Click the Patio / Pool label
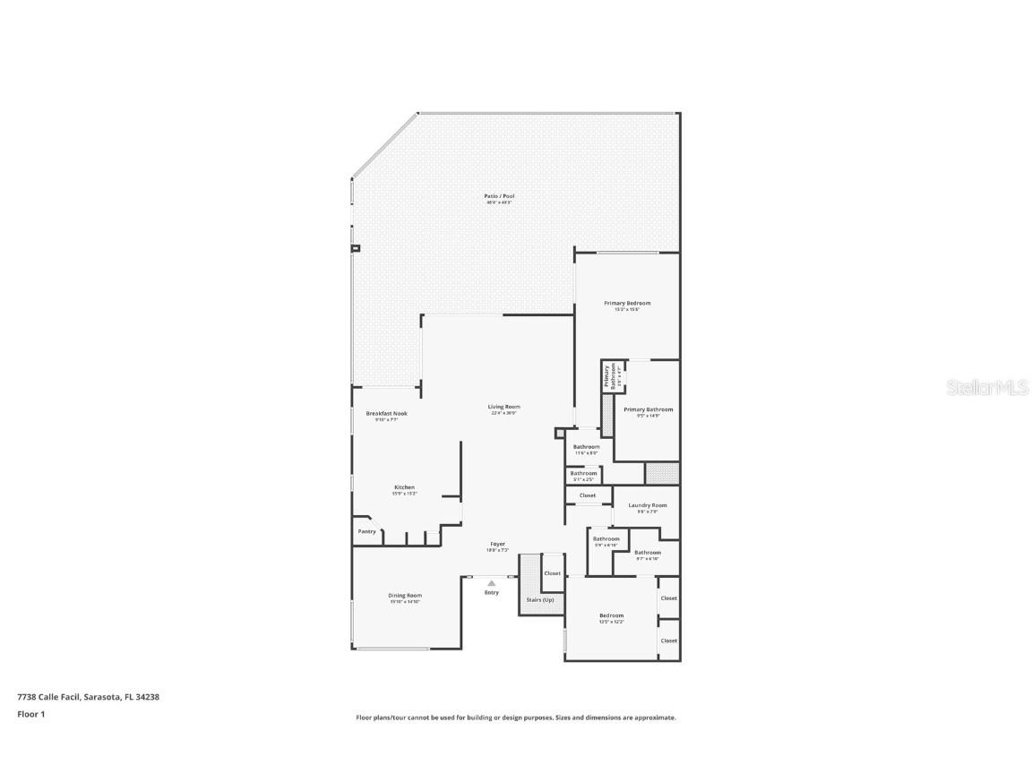coord(500,196)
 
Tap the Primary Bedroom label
coord(627,304)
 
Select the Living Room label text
coord(504,407)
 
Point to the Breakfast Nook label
coord(386,414)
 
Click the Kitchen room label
coord(404,487)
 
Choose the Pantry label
coord(366,531)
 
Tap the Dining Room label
coord(405,596)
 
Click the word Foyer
coord(497,544)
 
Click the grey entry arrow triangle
coord(491,583)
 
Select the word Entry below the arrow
coord(492,592)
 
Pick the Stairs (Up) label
coord(542,599)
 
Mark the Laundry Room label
coord(648,505)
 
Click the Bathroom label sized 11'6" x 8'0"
coord(587,447)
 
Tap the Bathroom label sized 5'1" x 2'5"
coord(583,473)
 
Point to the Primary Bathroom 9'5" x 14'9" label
coord(655,409)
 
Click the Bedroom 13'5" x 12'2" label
coord(612,615)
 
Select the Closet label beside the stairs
coord(553,573)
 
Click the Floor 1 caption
coord(30,714)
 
